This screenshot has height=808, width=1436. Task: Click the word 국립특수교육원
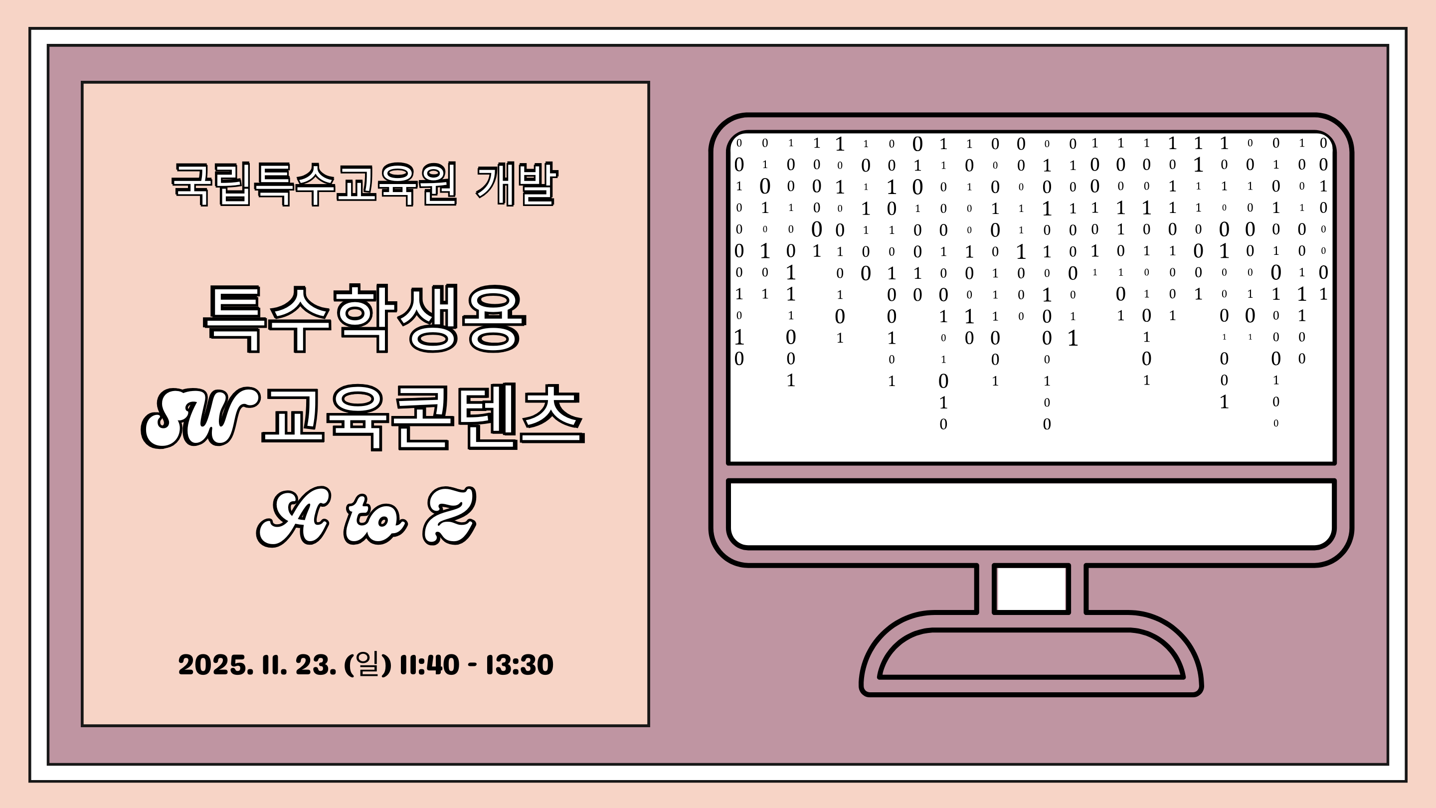[315, 184]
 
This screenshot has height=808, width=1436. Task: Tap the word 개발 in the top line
[516, 184]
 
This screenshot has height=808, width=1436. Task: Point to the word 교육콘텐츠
[422, 417]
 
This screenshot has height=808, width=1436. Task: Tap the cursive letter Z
[449, 516]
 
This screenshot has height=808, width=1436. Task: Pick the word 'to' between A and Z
[374, 520]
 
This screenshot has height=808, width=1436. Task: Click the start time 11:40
[430, 665]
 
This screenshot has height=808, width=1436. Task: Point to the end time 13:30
[520, 665]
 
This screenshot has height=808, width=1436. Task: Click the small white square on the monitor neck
[1031, 589]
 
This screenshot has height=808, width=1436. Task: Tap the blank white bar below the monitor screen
[1031, 514]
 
